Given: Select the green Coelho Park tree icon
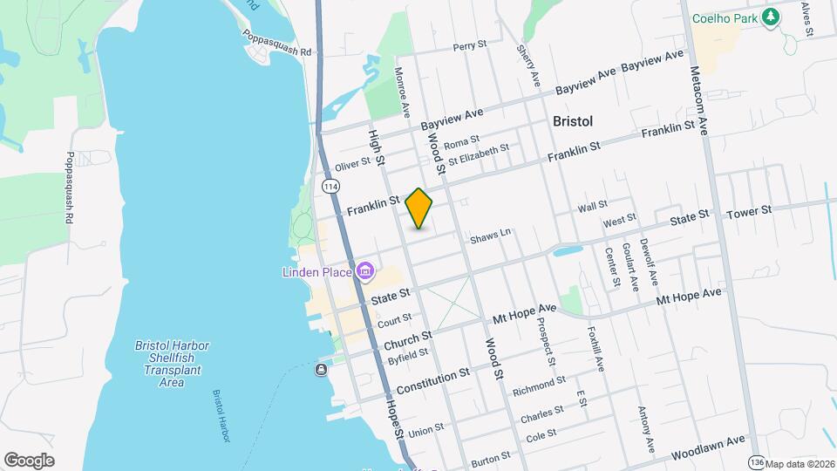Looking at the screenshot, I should [x=770, y=17].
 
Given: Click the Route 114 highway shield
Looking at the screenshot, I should [x=330, y=188].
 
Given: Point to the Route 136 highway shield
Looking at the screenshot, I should [x=756, y=461].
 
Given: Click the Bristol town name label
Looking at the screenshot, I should [x=573, y=121].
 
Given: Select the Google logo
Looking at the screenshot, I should [x=29, y=460].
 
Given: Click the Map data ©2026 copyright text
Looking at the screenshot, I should [x=800, y=464].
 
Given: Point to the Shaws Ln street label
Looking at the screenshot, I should [x=489, y=235].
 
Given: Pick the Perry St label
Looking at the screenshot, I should [x=469, y=45].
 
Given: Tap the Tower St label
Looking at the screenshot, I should [x=749, y=211].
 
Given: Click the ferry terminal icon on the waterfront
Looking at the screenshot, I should [x=321, y=370].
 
